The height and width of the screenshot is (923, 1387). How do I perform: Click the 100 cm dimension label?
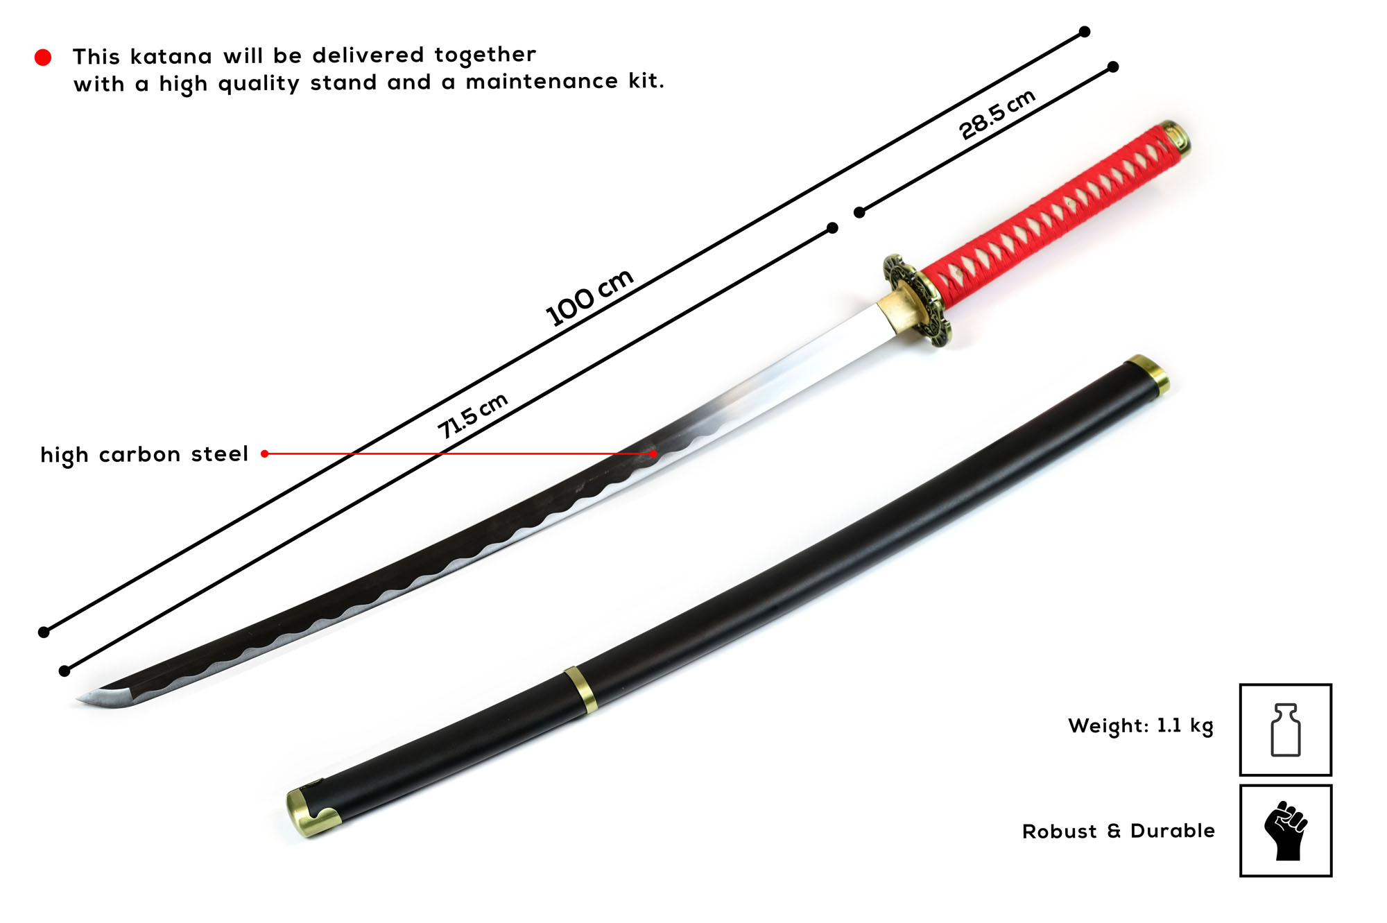coord(589,297)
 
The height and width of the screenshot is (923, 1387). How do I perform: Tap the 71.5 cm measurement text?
coord(472,415)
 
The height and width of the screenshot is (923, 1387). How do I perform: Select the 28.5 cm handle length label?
coord(997,114)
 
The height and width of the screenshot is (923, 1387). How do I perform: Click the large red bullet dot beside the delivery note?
coord(43,57)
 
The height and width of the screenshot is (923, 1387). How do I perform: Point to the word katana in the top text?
coord(171,56)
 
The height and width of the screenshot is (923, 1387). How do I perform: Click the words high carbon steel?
coord(144,454)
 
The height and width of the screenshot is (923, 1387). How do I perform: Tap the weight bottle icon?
coord(1285,730)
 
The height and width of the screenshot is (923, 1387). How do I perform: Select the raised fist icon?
coord(1285,831)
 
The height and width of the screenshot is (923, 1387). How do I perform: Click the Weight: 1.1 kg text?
coord(1141,726)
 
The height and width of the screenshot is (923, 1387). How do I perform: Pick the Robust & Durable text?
coord(1119,831)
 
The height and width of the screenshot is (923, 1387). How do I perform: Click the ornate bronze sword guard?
coord(917,300)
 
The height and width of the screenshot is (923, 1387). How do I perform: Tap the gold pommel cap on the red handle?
coord(1175,137)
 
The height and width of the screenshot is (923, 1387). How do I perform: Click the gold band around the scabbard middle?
coord(580,690)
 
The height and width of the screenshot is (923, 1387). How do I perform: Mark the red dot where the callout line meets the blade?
coord(653,454)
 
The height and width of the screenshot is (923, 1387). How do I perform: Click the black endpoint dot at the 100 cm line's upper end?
coord(1085,32)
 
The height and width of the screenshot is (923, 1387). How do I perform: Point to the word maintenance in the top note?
coord(542,82)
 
